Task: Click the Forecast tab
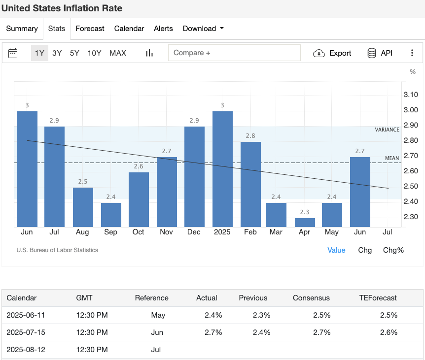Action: tap(90, 29)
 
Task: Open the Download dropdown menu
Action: tap(203, 29)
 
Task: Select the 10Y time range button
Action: tap(94, 53)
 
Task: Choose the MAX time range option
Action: tap(118, 53)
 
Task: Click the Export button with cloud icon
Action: tap(332, 53)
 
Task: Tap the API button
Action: tap(380, 53)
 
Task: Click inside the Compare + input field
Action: tap(234, 53)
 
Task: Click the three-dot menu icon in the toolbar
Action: tap(412, 53)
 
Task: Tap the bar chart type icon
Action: tap(149, 53)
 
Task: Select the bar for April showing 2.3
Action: tap(305, 222)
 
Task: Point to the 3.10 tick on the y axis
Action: tap(410, 95)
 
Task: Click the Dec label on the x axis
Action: tap(194, 231)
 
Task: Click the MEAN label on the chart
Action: tap(391, 158)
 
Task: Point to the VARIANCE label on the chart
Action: tap(387, 130)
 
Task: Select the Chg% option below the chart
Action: tap(393, 250)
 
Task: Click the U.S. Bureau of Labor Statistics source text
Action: tap(57, 250)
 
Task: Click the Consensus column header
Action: tap(311, 298)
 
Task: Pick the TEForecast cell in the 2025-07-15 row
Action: tap(388, 332)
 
